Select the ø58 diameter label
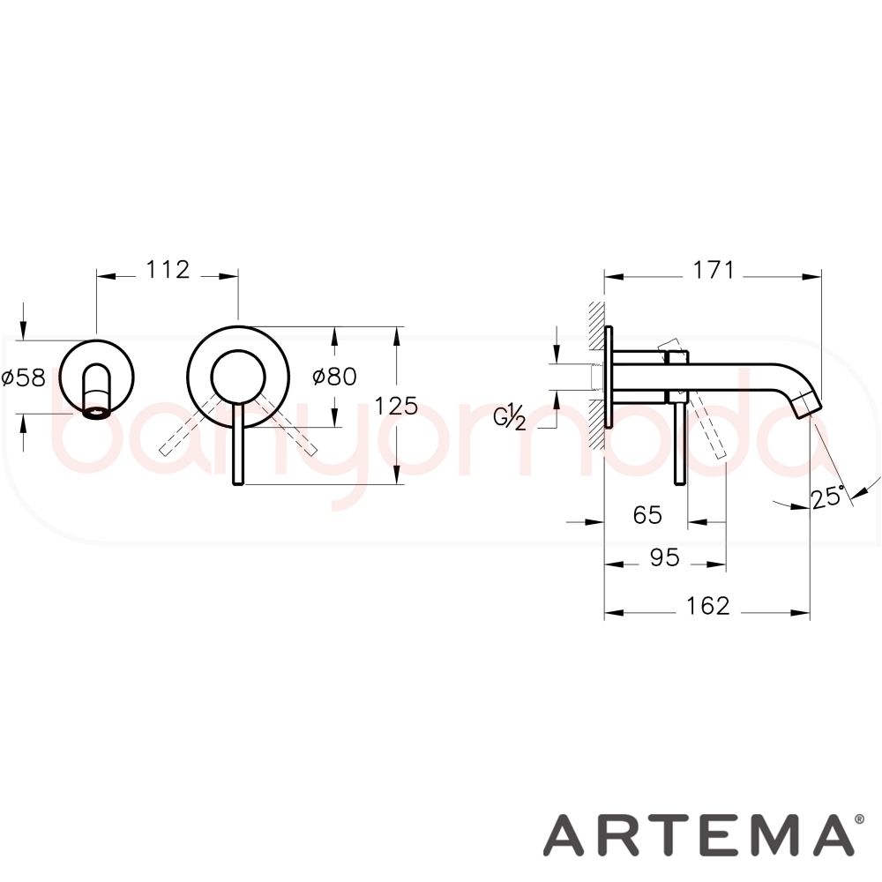23,377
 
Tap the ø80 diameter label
334,377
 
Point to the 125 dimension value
397,405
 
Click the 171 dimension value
713,270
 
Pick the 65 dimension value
647,515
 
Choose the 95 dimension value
665,557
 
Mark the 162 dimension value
707,605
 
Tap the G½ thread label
510,416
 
